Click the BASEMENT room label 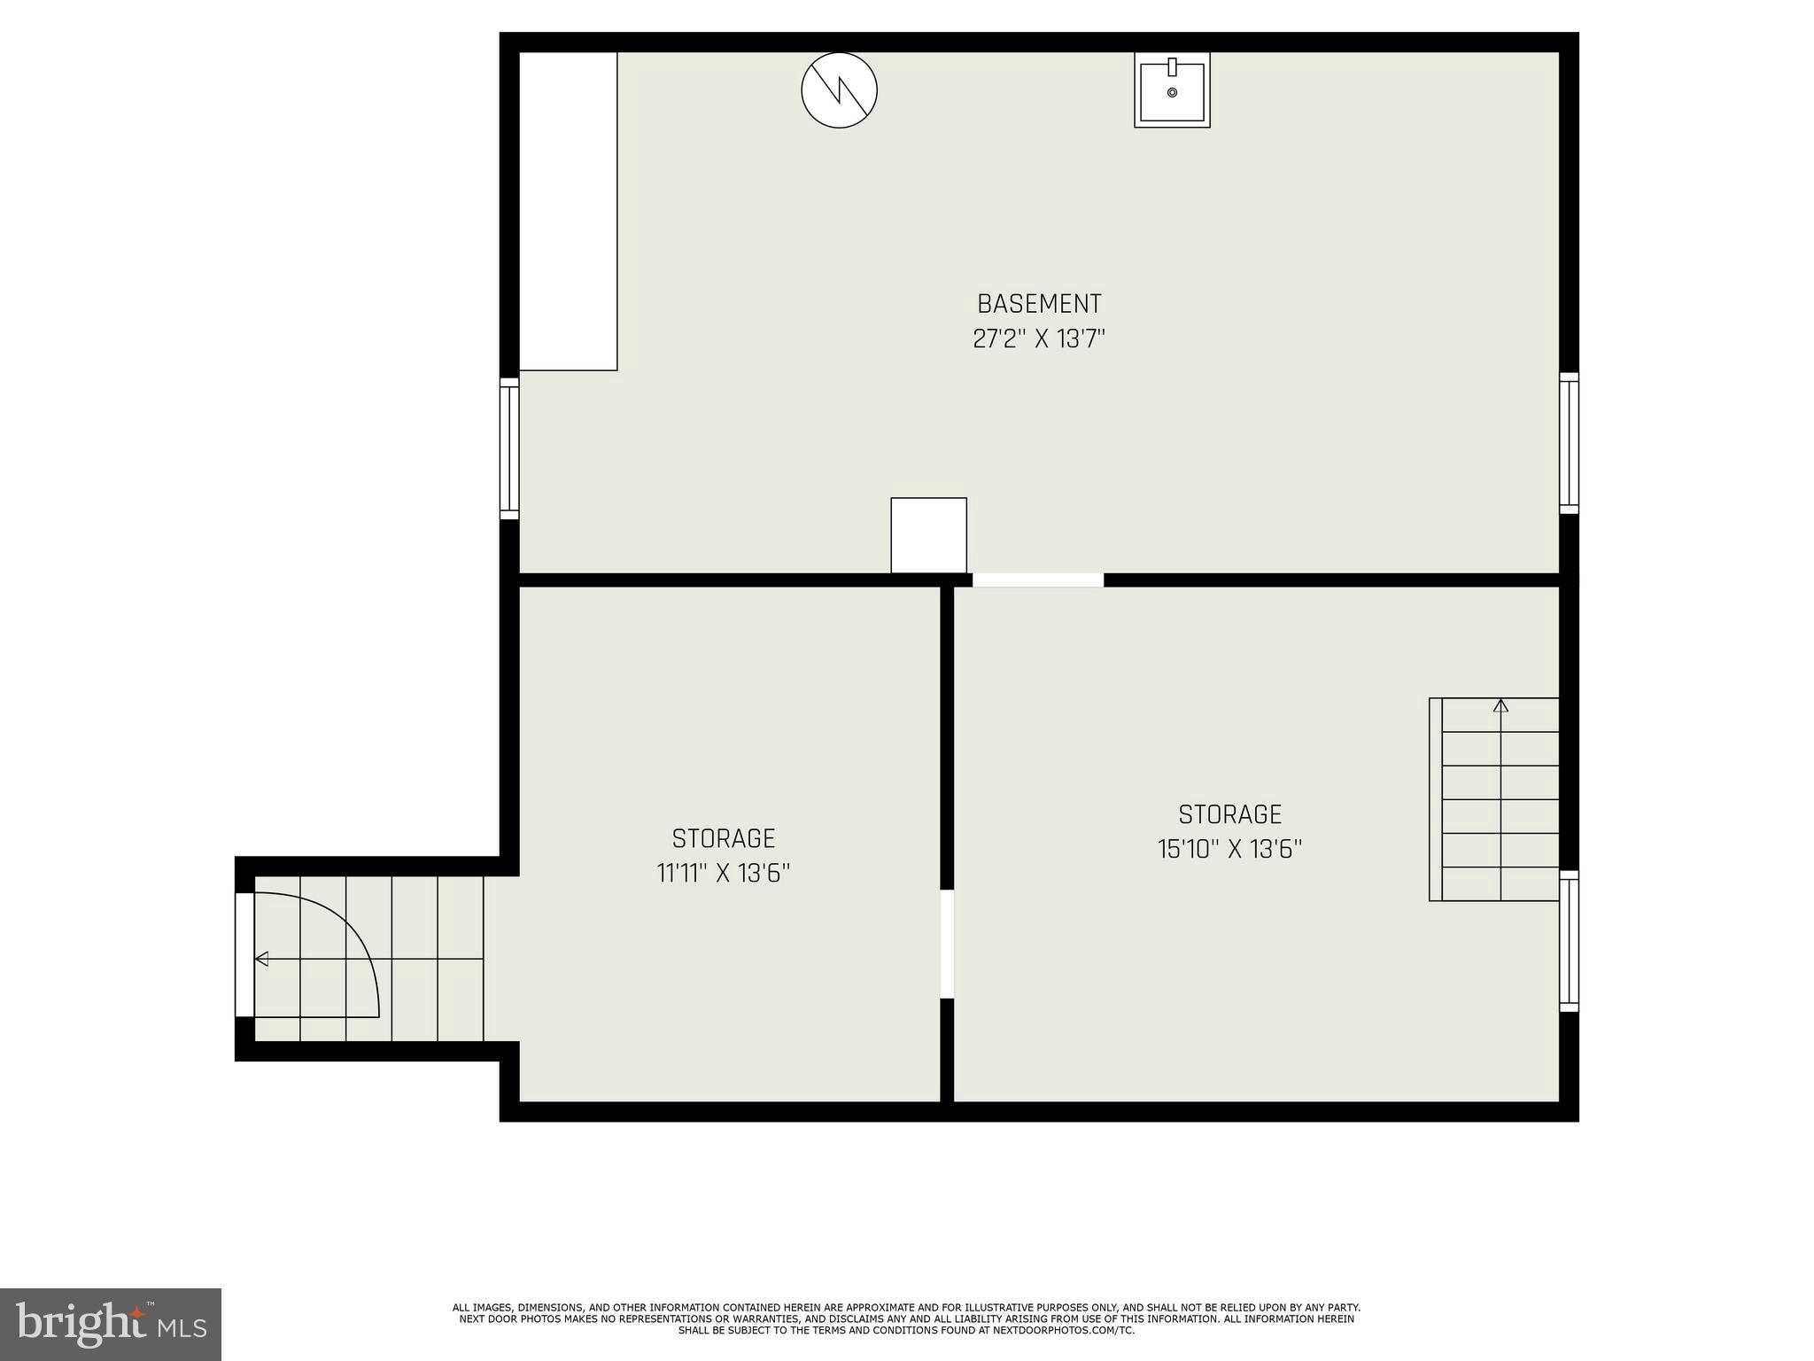click(1039, 304)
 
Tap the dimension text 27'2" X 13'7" click(1039, 339)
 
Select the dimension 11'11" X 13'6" click(723, 874)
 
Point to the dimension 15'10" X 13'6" click(1229, 850)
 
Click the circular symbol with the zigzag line click(839, 89)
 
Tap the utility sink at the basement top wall click(1172, 89)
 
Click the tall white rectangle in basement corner click(568, 211)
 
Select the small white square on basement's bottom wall click(928, 535)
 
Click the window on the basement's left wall click(509, 448)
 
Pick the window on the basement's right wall click(1569, 443)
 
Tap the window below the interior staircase click(1569, 941)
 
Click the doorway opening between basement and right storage click(1038, 580)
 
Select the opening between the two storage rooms click(947, 944)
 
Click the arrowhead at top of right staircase click(1500, 706)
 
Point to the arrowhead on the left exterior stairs click(262, 959)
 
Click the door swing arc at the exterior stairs click(354, 930)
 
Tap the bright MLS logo click(110, 1325)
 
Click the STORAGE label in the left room click(723, 838)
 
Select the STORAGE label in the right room click(1229, 814)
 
